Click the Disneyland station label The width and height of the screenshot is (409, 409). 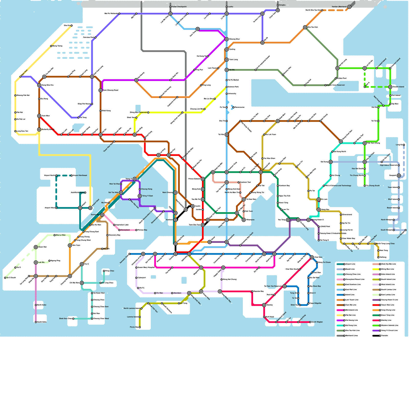[x=125, y=230]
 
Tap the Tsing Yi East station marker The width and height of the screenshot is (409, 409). [x=140, y=196]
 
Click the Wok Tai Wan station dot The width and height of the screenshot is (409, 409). [x=121, y=184]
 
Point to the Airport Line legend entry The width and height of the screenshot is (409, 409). [x=350, y=264]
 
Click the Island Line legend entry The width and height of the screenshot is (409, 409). [x=350, y=295]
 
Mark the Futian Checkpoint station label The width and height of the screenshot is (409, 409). [x=179, y=7]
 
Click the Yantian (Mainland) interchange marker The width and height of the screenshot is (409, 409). [x=349, y=7]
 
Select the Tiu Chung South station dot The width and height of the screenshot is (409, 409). [x=365, y=186]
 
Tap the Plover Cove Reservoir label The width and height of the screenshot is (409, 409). [x=336, y=85]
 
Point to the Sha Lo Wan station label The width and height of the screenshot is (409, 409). [x=61, y=235]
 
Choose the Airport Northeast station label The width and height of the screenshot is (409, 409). [x=80, y=176]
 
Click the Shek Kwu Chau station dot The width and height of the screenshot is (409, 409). [x=73, y=319]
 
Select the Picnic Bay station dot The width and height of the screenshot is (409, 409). [x=140, y=327]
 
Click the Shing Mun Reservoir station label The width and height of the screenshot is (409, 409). [x=138, y=112]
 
